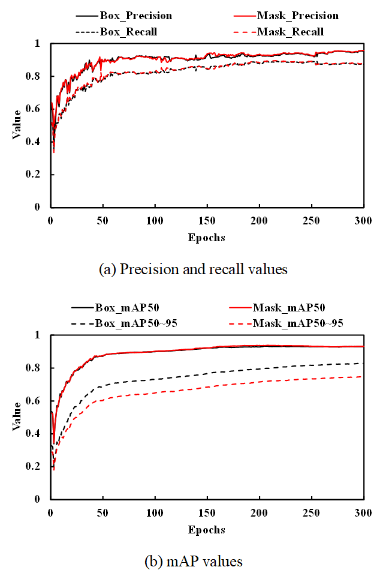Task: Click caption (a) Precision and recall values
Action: [x=193, y=269]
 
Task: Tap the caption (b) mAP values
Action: [x=194, y=562]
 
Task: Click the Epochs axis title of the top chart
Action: [x=207, y=238]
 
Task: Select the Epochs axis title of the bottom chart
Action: [x=207, y=530]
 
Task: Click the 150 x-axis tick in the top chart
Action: [x=207, y=221]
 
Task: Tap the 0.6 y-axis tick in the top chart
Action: [x=37, y=109]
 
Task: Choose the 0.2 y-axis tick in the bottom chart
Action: [x=37, y=466]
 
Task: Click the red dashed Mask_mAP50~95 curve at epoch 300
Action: [x=363, y=377]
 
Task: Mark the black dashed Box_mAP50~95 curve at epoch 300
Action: [x=363, y=363]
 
